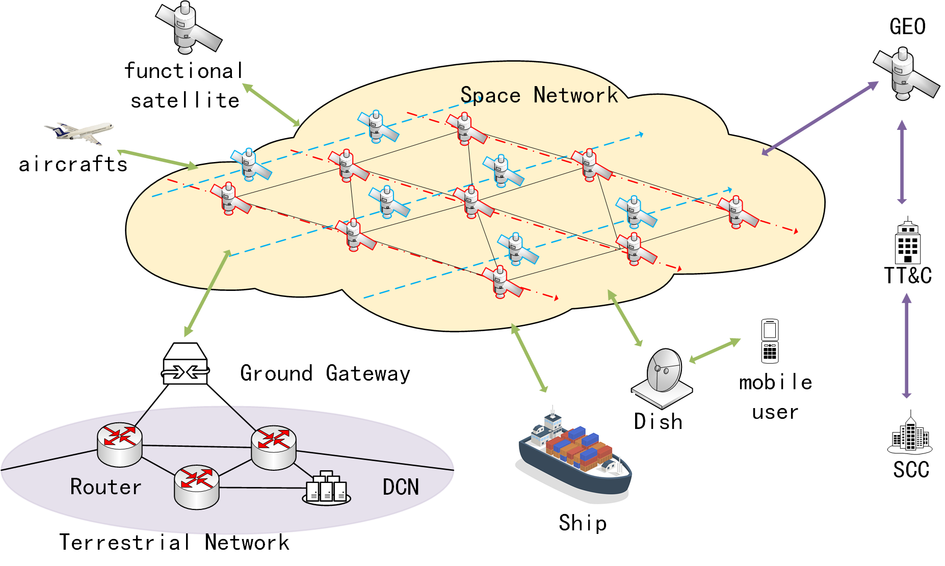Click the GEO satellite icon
pyautogui.click(x=905, y=74)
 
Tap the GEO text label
pyautogui.click(x=907, y=26)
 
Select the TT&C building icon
pyautogui.click(x=908, y=241)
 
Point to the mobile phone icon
pyautogui.click(x=770, y=341)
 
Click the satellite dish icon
pyautogui.click(x=662, y=378)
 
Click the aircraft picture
pyautogui.click(x=80, y=132)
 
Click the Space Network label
pyautogui.click(x=539, y=95)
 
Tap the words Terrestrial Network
pyautogui.click(x=174, y=542)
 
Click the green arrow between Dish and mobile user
pyautogui.click(x=715, y=351)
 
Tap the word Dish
pyautogui.click(x=658, y=421)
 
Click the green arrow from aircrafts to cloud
pyautogui.click(x=157, y=159)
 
